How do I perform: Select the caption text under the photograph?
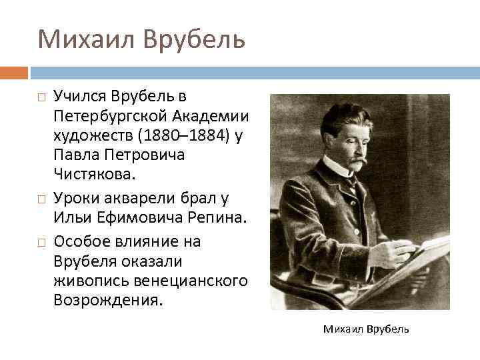pyautogui.click(x=366, y=329)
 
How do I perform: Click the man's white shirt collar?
pyautogui.click(x=339, y=166)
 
